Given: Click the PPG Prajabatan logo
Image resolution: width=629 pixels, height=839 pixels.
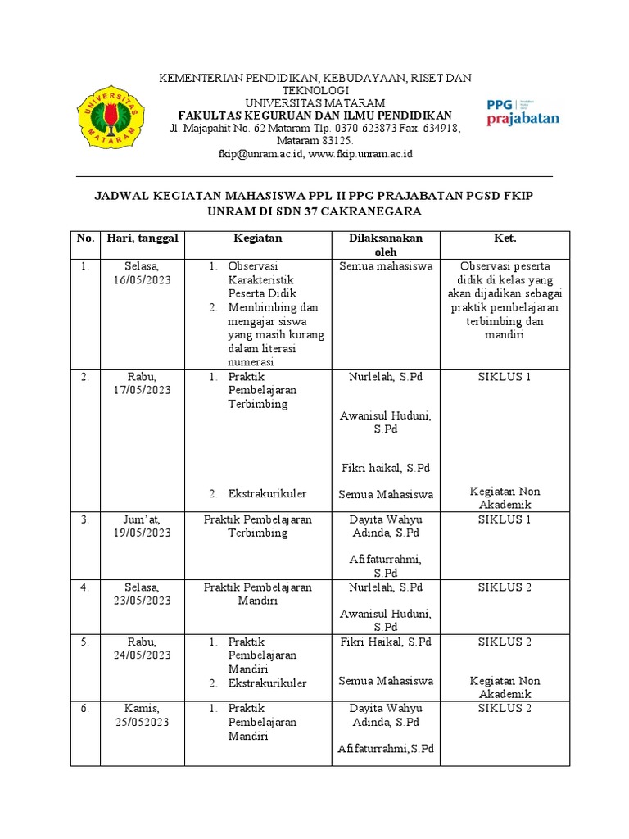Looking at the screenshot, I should click(x=523, y=112).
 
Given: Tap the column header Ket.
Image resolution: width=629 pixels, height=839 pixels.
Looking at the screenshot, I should click(x=505, y=238).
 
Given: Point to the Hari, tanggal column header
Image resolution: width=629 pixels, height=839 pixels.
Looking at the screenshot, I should click(x=143, y=238).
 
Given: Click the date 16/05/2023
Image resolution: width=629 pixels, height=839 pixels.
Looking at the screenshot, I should click(x=143, y=280).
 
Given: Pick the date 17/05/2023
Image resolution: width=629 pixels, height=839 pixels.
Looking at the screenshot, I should click(x=143, y=390).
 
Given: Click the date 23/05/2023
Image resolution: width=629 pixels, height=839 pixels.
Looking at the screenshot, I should click(x=143, y=601).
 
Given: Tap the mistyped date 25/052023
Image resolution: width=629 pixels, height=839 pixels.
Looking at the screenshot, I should click(x=143, y=722).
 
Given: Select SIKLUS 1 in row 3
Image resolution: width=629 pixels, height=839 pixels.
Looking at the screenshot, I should click(x=505, y=519).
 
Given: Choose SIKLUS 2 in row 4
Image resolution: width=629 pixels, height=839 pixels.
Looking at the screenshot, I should click(x=505, y=587).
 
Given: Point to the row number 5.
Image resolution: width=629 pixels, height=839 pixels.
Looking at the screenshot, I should click(x=85, y=642).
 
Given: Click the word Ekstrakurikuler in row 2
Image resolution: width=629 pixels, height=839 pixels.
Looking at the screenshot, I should click(x=267, y=493).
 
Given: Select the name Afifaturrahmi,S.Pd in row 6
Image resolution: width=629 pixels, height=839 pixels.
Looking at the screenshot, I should click(x=386, y=749).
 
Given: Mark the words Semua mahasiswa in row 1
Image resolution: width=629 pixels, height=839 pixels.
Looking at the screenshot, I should click(x=386, y=266).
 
